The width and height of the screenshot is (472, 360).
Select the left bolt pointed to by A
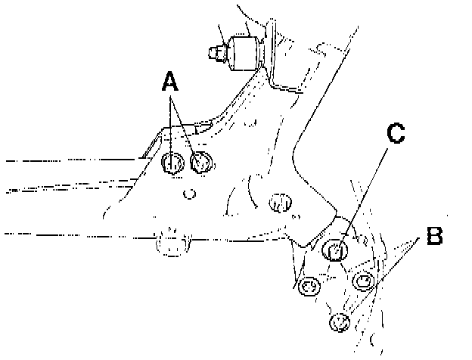click(173, 162)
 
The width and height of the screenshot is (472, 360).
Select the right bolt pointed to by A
click(200, 161)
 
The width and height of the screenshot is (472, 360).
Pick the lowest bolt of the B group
click(340, 322)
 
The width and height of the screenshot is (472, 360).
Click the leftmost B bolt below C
click(308, 286)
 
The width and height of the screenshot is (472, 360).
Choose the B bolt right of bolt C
click(365, 281)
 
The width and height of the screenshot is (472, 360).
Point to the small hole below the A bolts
click(190, 194)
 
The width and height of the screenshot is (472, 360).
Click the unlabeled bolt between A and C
click(280, 202)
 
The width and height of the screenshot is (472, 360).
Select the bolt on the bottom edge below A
click(171, 244)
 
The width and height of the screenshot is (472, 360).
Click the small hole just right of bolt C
click(362, 241)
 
